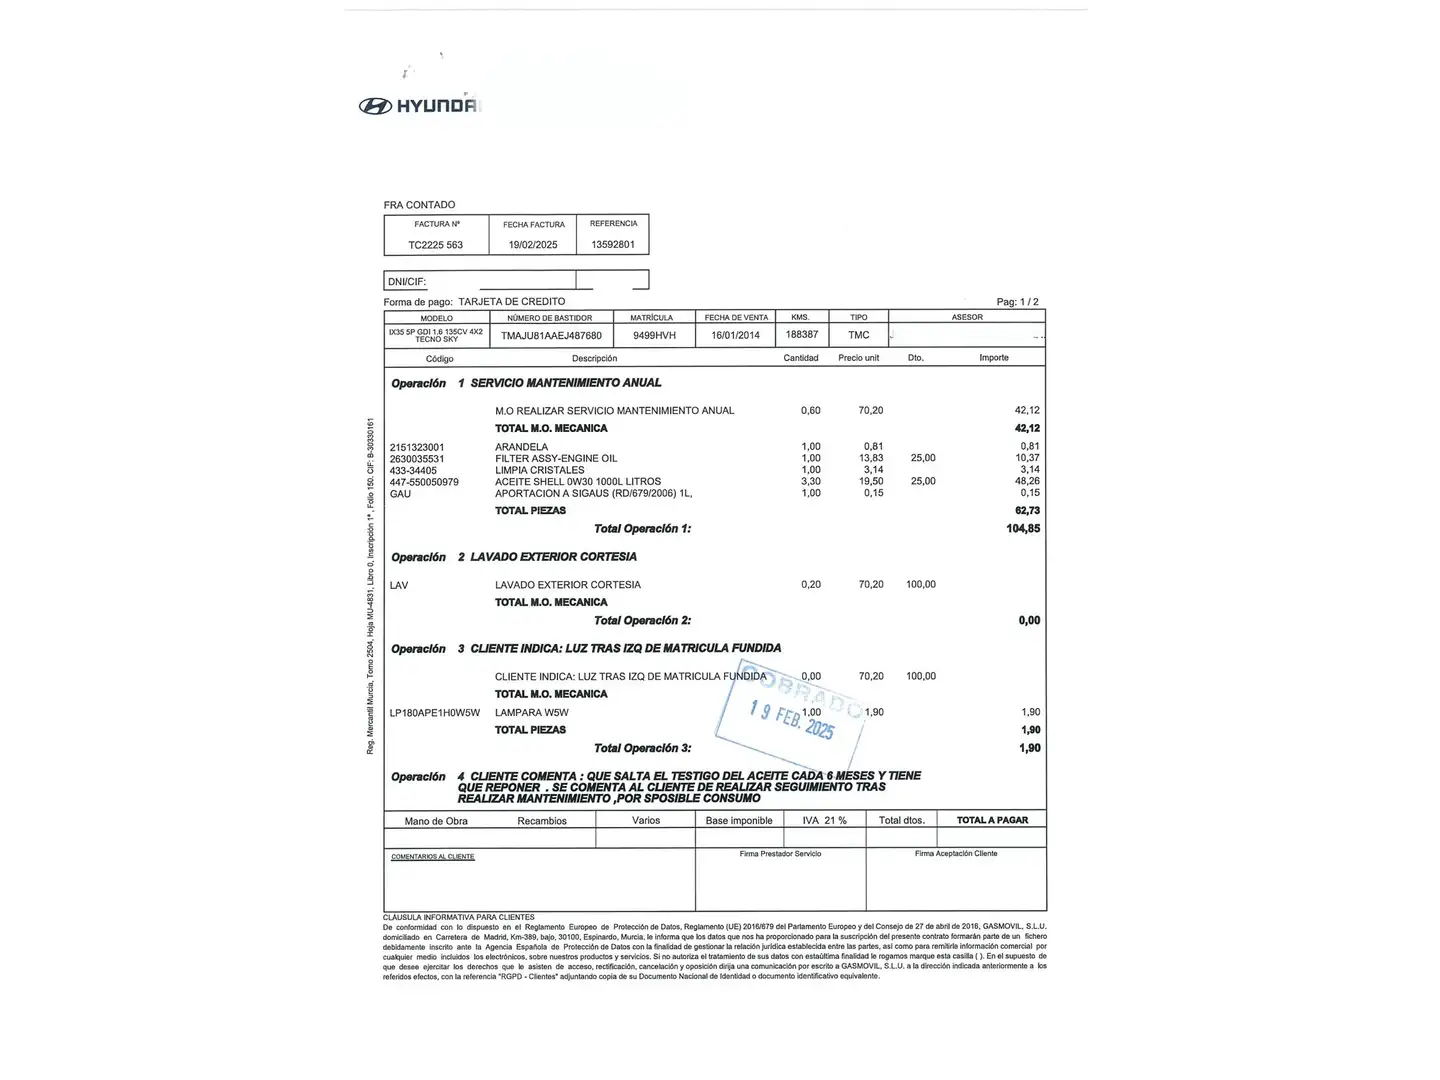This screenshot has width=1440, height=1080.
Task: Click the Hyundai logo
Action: tap(420, 106)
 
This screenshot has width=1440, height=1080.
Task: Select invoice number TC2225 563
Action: tap(435, 245)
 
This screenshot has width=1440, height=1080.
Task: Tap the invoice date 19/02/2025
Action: tap(533, 245)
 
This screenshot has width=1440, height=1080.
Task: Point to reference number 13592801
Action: tap(613, 244)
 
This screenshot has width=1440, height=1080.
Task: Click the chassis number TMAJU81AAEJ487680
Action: tap(551, 336)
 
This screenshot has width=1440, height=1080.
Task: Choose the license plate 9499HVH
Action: tap(654, 336)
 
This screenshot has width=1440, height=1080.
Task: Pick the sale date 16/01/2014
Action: tap(735, 336)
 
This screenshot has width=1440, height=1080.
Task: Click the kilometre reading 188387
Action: tap(802, 335)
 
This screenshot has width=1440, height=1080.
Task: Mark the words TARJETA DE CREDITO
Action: tap(512, 302)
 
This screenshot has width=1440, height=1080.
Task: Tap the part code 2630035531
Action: tap(417, 459)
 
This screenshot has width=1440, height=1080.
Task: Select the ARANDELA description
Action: tap(521, 447)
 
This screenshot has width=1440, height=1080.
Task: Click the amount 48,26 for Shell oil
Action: tap(1028, 481)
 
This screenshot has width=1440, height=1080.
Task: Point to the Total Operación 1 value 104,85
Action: tap(1023, 529)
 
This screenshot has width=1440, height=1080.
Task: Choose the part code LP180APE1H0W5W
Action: tap(435, 713)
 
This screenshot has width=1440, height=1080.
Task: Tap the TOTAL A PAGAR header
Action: tap(992, 820)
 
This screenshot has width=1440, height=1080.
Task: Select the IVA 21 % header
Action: tap(824, 820)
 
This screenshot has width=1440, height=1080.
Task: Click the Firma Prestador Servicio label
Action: tap(780, 854)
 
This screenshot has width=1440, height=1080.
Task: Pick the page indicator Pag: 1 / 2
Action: tap(1017, 302)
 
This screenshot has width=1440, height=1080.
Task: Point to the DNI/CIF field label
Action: tap(407, 282)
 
